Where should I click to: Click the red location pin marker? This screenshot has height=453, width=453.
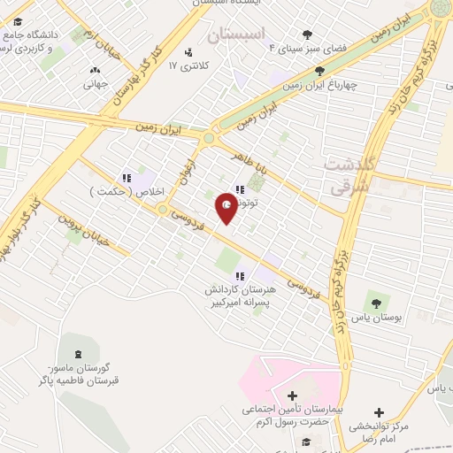[226, 207]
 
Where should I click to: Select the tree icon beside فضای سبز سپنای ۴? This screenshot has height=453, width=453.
[307, 35]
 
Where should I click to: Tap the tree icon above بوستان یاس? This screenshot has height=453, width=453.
[376, 303]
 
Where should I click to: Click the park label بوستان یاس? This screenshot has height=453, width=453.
[375, 317]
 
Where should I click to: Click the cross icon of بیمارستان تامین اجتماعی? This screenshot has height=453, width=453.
[293, 395]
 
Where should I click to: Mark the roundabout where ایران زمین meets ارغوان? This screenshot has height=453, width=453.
[210, 137]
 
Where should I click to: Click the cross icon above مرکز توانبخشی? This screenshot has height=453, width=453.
[379, 412]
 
